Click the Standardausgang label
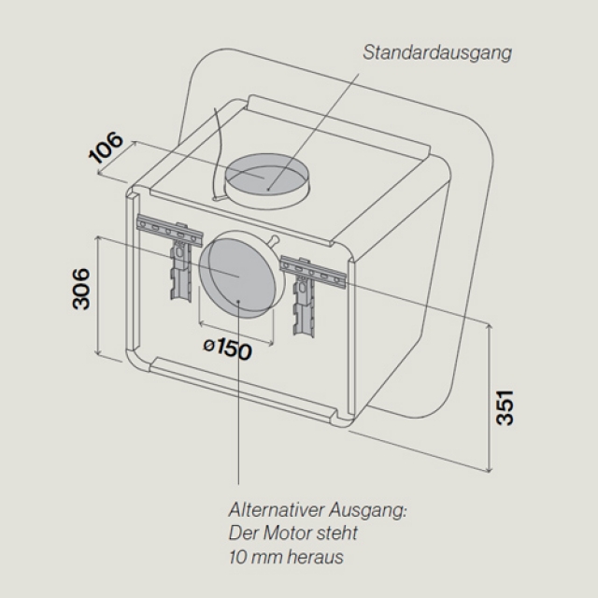pyautogui.click(x=437, y=52)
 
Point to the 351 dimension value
pyautogui.click(x=505, y=404)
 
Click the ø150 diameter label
pyautogui.click(x=227, y=350)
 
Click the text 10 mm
pyautogui.click(x=245, y=558)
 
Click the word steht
pyautogui.click(x=336, y=534)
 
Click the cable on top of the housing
pyautogui.click(x=221, y=149)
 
